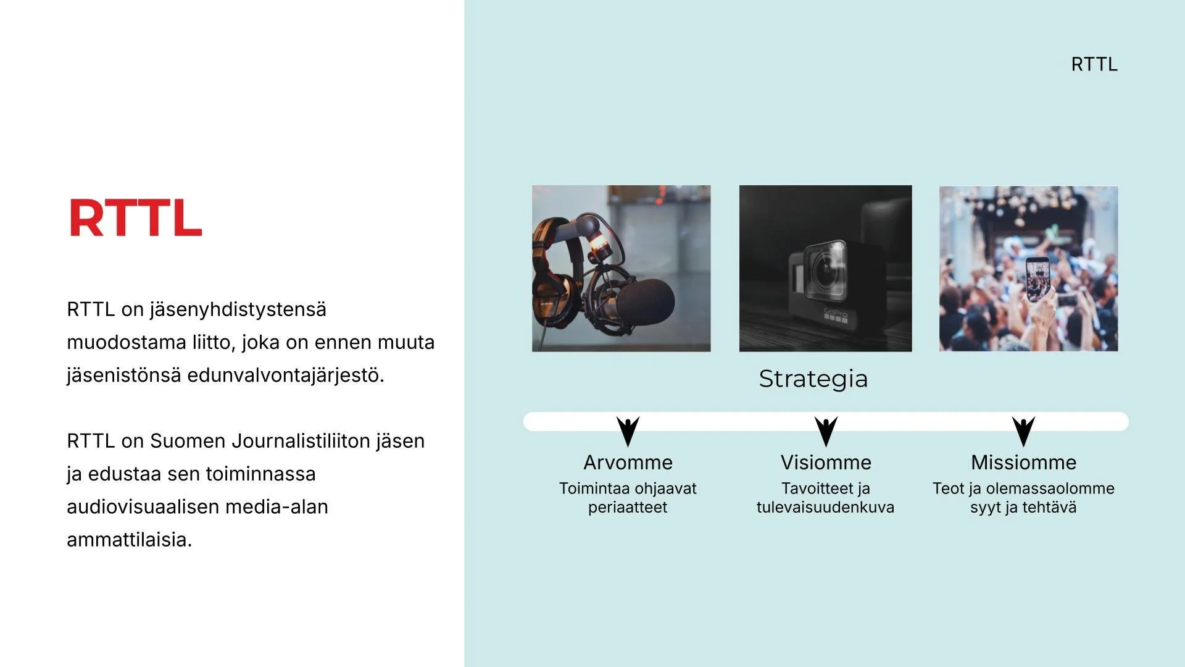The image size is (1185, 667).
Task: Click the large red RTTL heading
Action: (x=135, y=218)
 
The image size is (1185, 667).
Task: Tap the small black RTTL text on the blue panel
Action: (x=1094, y=64)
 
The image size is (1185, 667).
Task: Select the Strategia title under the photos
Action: (x=813, y=379)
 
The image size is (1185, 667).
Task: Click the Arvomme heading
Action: (x=628, y=462)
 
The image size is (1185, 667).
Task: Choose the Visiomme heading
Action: (x=826, y=462)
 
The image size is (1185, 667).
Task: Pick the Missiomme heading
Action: (x=1023, y=462)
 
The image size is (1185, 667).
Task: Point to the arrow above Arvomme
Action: (x=628, y=430)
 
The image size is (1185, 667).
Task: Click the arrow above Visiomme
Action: (x=826, y=430)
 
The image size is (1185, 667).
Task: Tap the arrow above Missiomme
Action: (x=1023, y=430)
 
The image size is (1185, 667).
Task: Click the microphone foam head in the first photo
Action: (x=645, y=301)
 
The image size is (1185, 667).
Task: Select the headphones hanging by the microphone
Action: (x=555, y=272)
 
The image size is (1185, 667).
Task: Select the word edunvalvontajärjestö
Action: (x=285, y=375)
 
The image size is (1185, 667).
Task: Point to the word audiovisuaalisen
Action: (x=143, y=506)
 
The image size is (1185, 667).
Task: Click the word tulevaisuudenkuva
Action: (x=825, y=507)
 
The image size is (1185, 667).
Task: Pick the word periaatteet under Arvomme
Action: (x=628, y=507)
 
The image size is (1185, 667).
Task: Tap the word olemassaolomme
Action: (x=1050, y=488)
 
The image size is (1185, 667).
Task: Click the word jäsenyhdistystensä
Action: (x=238, y=309)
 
